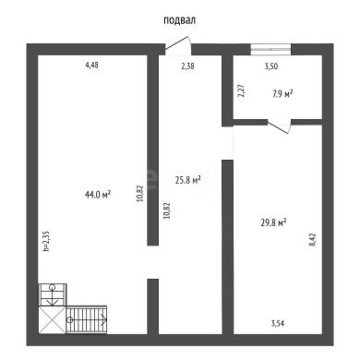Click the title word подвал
click(x=179, y=20)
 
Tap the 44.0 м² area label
click(x=98, y=195)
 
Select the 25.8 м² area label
click(x=188, y=180)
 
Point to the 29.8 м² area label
click(x=274, y=222)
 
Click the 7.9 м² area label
click(x=282, y=93)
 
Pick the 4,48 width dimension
click(x=92, y=66)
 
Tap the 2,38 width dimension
click(x=187, y=66)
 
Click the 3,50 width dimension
click(x=271, y=66)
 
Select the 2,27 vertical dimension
click(x=242, y=90)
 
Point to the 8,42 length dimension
click(x=312, y=240)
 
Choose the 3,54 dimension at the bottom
click(x=278, y=323)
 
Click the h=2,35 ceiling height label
click(x=46, y=241)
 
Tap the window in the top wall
click(x=270, y=50)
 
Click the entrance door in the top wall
click(x=177, y=46)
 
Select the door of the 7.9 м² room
click(x=279, y=126)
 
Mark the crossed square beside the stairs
click(x=52, y=319)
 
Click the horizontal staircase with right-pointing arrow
click(x=87, y=319)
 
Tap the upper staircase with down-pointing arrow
click(x=53, y=294)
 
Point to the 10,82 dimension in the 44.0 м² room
click(x=140, y=193)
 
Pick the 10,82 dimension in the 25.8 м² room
click(x=167, y=210)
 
